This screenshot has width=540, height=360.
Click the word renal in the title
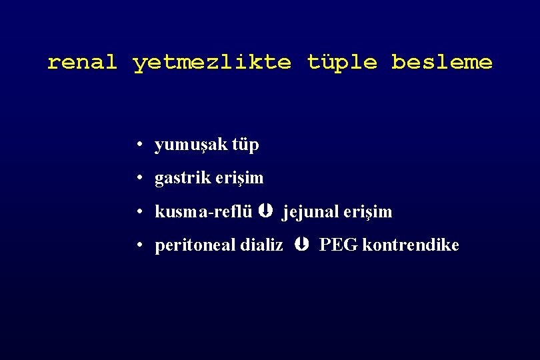tap(82, 63)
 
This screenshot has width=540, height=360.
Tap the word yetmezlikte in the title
tap(212, 63)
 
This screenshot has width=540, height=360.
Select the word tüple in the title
tap(341, 63)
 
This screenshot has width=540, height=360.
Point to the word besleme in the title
tap(441, 63)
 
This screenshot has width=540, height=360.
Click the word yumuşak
tap(191, 145)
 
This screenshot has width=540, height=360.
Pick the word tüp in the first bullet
tap(245, 145)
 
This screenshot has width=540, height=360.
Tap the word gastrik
tap(181, 178)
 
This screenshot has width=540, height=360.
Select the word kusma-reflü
tap(203, 212)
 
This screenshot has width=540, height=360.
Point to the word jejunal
tap(310, 212)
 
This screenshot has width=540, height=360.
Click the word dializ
tap(259, 245)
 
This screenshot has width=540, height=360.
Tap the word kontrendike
tap(411, 245)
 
